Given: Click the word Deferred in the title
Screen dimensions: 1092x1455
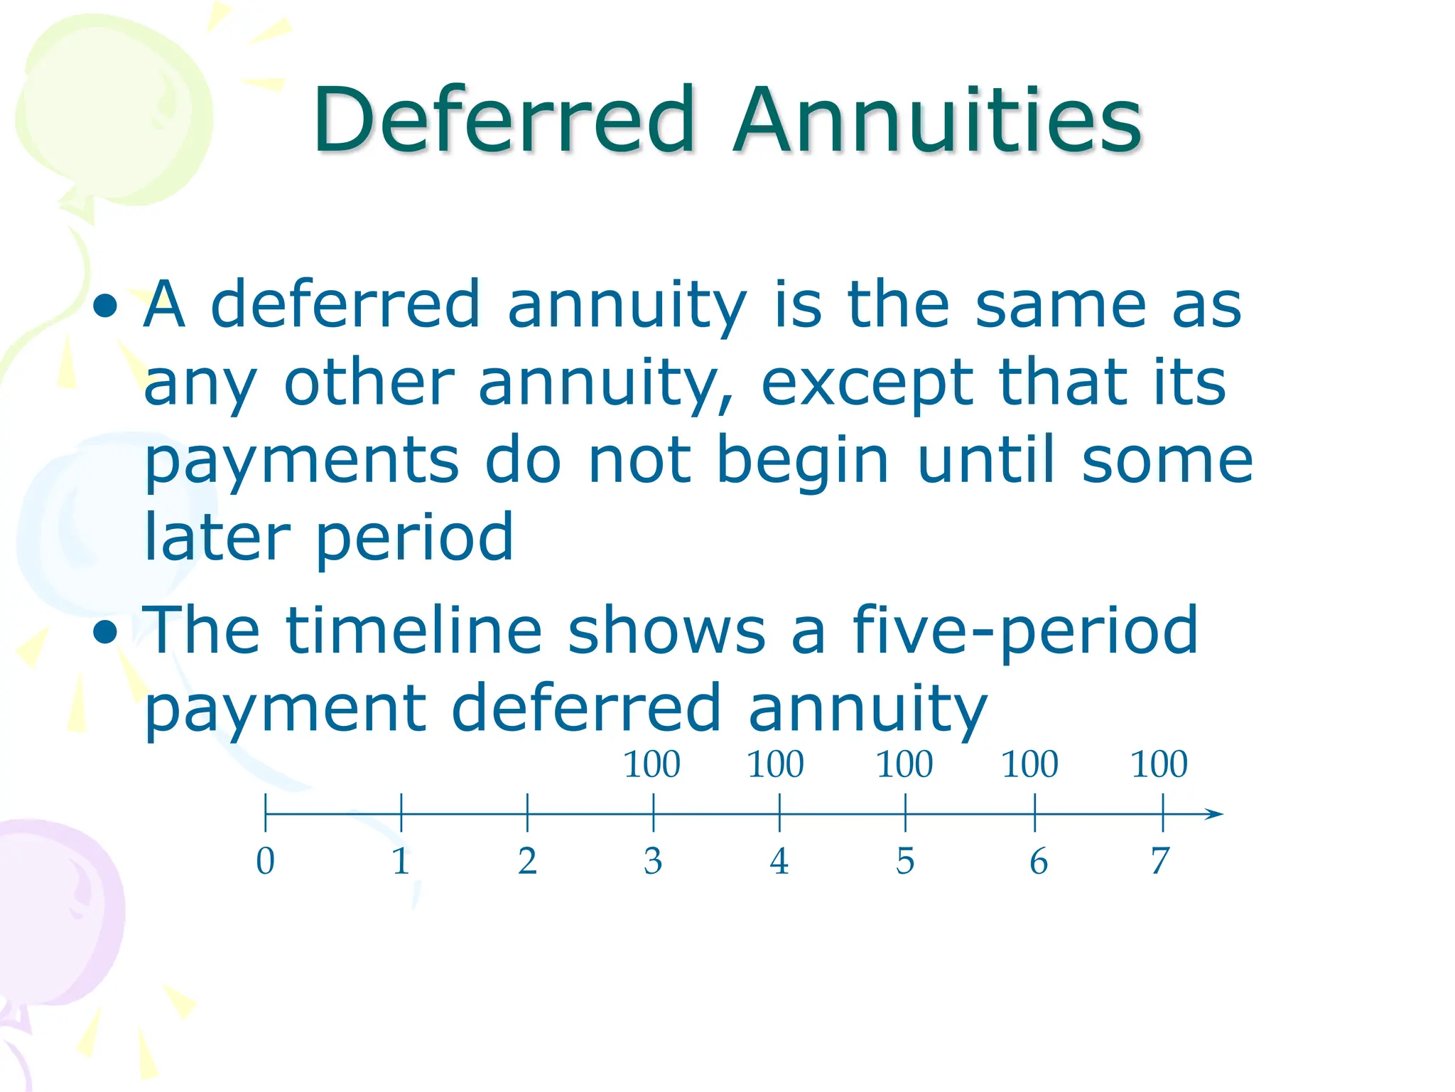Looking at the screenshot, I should [503, 119].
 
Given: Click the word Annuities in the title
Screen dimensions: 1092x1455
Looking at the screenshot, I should [938, 119].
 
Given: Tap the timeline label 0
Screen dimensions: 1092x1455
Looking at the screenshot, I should [265, 861].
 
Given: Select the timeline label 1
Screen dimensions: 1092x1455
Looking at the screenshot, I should [401, 861].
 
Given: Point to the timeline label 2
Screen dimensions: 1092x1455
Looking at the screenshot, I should [527, 861].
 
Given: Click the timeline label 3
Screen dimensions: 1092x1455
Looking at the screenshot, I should [653, 861].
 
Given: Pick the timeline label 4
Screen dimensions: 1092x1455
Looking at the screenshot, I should [779, 861].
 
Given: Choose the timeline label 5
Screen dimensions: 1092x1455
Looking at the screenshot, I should [905, 861].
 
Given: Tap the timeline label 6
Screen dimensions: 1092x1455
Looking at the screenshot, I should [1039, 861].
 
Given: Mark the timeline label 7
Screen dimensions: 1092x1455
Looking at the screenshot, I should [1160, 861].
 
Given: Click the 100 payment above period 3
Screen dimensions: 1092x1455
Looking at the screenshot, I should [651, 765].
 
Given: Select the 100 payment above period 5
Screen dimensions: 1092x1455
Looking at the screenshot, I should [904, 765].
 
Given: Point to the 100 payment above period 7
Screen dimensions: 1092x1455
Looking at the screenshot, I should [1159, 765].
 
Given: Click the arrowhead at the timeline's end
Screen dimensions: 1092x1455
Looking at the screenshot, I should [1215, 814].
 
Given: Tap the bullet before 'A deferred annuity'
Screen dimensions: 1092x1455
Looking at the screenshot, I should [106, 306].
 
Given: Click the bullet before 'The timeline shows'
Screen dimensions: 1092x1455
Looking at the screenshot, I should [106, 631].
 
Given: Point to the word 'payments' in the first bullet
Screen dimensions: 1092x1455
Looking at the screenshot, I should [302, 462].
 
